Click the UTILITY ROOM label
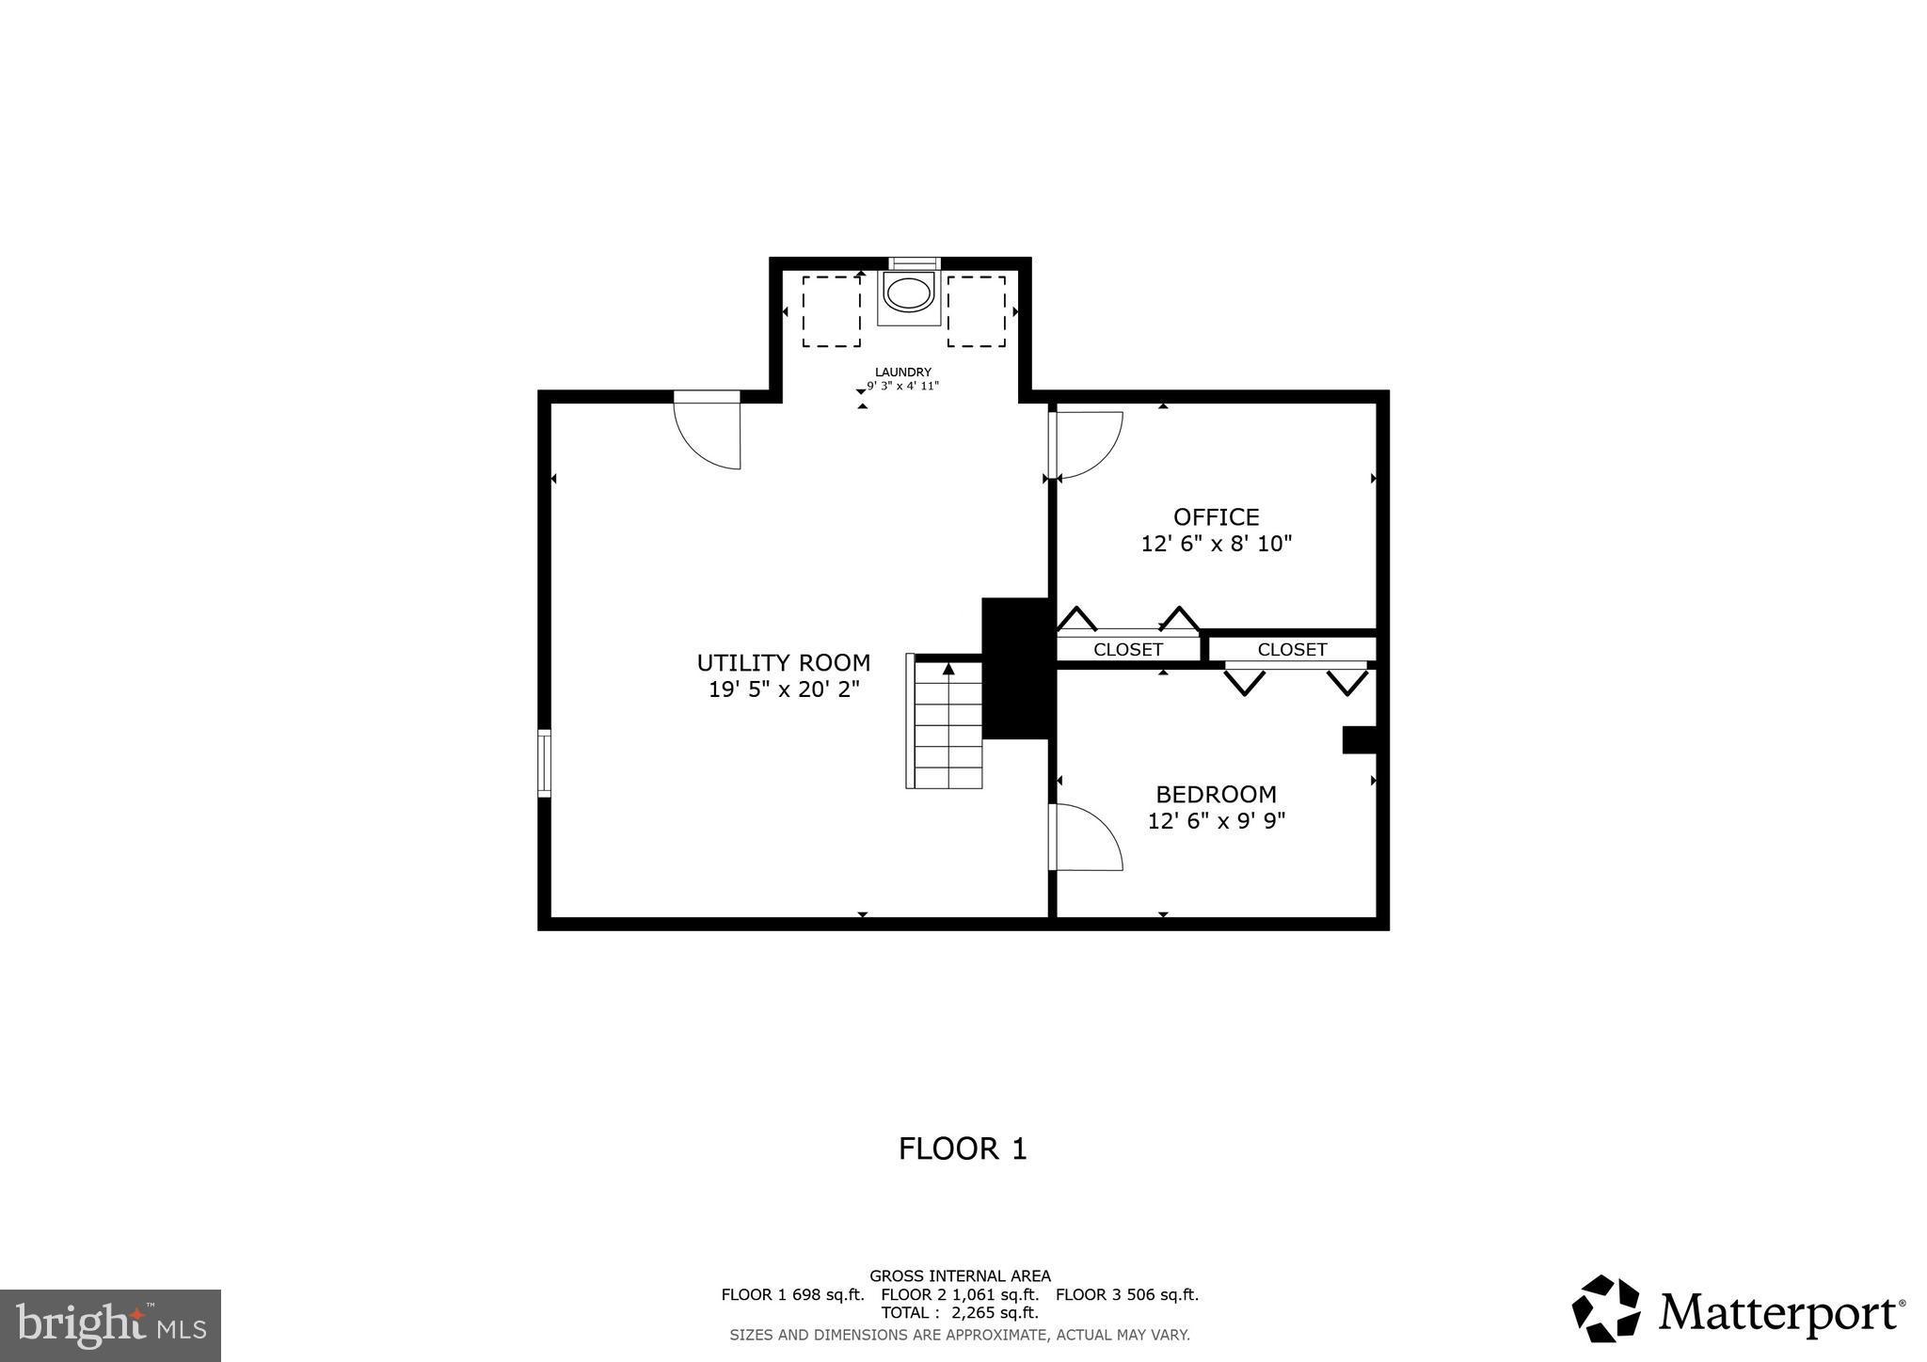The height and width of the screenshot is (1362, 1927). [784, 662]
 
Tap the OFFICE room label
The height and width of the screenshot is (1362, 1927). [1216, 517]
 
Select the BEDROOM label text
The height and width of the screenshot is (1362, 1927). [1216, 794]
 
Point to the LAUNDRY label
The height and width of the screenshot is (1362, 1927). [902, 372]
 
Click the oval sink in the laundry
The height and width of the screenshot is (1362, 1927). [909, 294]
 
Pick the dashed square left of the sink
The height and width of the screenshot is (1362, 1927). [831, 311]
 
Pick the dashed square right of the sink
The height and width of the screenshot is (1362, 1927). [976, 311]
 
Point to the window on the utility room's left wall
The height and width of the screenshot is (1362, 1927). [544, 763]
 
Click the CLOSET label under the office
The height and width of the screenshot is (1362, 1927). [1127, 650]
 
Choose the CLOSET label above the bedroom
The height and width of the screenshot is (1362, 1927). [1292, 650]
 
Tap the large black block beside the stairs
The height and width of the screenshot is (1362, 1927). [1016, 668]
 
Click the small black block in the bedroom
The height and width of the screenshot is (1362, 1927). [1359, 739]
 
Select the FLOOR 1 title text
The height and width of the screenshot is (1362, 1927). [963, 1148]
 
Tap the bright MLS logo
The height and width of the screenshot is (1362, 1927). [110, 1325]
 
